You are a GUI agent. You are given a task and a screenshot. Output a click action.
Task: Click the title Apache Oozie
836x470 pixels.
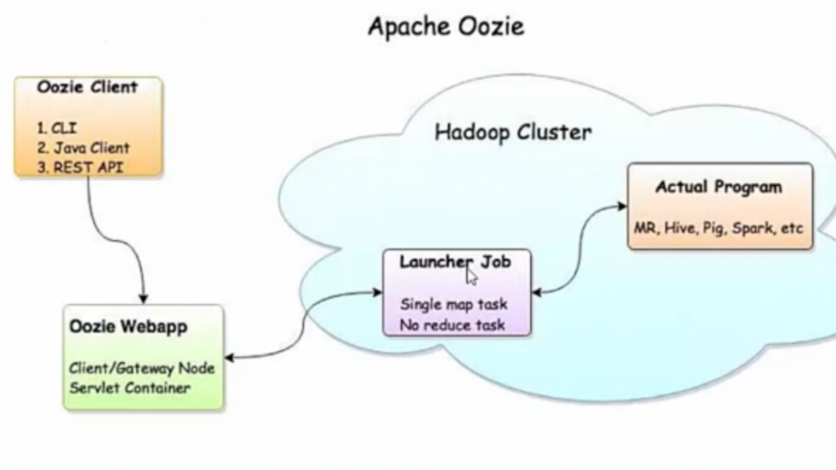click(446, 27)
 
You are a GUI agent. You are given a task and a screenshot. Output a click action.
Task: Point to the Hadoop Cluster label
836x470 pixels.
click(512, 132)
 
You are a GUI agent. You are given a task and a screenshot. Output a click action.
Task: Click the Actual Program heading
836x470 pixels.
click(719, 187)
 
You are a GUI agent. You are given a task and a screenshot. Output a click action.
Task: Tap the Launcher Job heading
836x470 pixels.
click(455, 261)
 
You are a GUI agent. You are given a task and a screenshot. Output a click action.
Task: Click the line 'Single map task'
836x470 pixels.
click(454, 305)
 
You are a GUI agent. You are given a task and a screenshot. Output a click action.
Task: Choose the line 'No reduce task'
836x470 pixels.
click(453, 324)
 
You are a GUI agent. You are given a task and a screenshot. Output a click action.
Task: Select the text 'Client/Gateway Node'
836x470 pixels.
click(142, 368)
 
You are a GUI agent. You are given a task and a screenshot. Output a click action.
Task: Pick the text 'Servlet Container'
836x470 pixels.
click(130, 387)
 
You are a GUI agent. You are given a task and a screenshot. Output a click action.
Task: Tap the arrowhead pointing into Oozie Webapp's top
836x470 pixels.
click(144, 299)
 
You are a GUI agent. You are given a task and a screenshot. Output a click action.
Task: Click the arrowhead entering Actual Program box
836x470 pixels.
click(622, 206)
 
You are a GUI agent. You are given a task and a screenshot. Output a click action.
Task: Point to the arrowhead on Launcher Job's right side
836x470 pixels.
click(537, 292)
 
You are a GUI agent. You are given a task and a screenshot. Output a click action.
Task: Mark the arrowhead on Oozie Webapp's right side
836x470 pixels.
click(231, 358)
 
